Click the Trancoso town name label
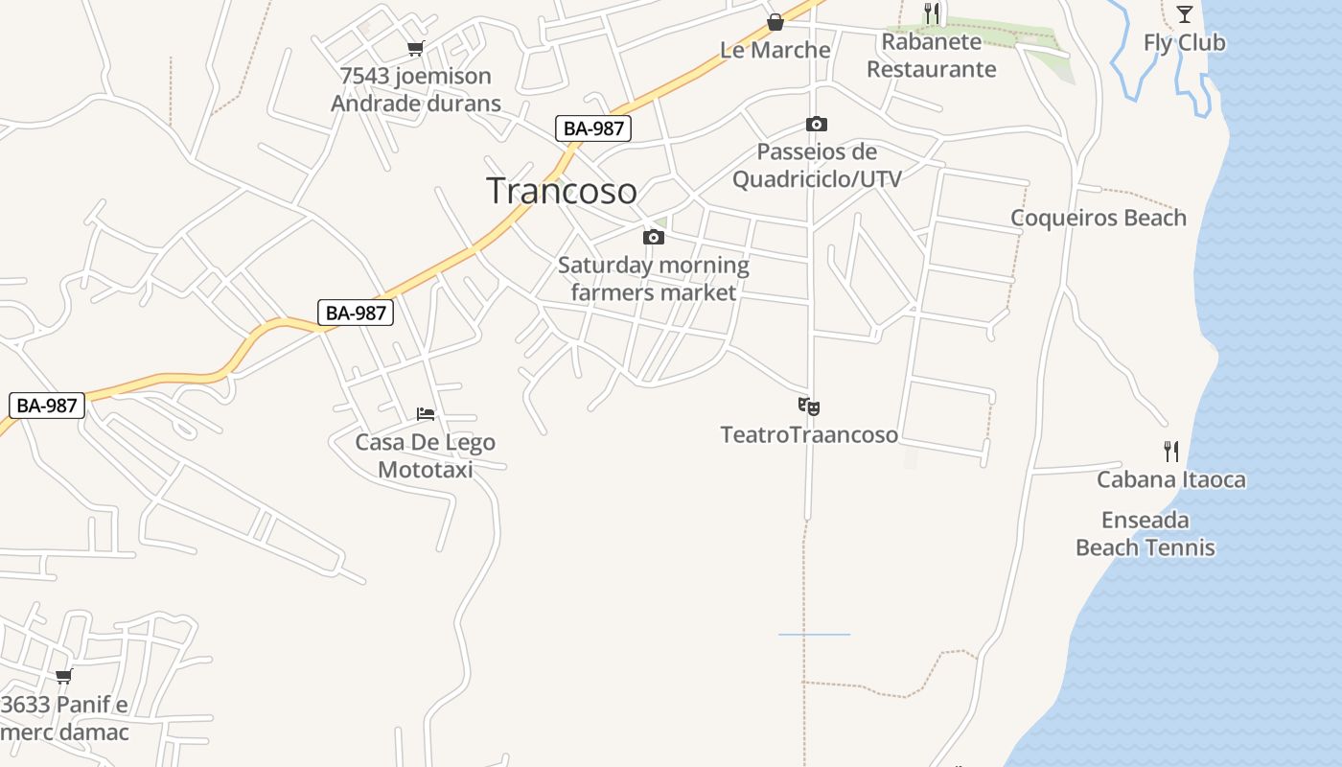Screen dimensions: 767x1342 [562, 191]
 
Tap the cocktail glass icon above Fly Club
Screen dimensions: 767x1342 [1185, 13]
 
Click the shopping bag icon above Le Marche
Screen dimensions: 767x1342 [775, 22]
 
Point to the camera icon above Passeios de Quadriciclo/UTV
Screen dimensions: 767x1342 [817, 124]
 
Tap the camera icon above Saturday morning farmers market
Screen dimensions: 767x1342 [654, 237]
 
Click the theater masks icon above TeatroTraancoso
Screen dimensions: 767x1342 [809, 407]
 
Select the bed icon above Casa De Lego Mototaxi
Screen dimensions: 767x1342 [426, 414]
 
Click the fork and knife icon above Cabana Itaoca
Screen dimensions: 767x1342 [1170, 452]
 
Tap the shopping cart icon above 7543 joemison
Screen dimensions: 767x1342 [415, 49]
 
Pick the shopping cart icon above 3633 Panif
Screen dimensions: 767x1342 [64, 676]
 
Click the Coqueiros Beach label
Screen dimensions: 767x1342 [1099, 218]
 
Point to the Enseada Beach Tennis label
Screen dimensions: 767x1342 [1145, 534]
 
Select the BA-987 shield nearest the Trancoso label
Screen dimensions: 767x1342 [593, 128]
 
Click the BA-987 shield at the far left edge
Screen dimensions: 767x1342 [47, 406]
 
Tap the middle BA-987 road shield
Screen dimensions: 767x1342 [356, 313]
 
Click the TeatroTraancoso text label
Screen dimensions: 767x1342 [810, 435]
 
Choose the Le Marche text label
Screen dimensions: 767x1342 [775, 50]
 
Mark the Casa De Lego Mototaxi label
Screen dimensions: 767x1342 [426, 455]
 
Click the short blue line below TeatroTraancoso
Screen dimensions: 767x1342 [814, 635]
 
